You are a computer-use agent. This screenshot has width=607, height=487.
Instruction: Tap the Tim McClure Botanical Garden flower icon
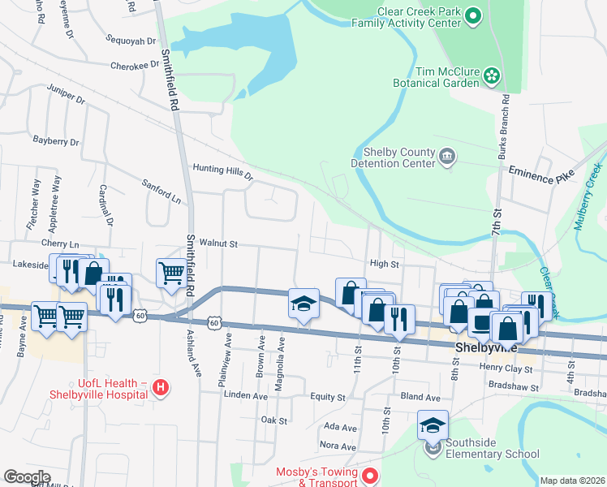coord(491,76)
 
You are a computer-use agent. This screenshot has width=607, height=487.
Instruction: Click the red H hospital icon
coord(161,389)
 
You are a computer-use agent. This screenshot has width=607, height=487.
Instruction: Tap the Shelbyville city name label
coord(484,347)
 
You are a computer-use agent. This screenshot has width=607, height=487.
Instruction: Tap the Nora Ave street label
coord(338,446)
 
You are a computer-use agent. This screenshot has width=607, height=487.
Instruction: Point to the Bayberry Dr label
coord(56,140)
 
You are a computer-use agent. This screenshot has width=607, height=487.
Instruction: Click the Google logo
coord(27,477)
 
